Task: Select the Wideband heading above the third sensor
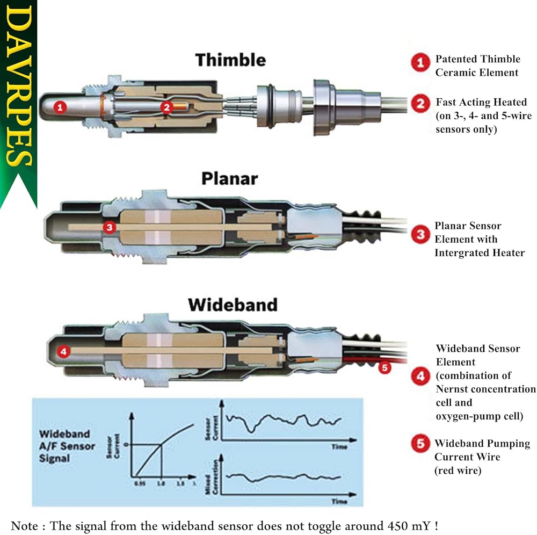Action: click(x=233, y=305)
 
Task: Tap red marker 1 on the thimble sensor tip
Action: click(x=61, y=107)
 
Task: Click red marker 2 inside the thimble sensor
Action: click(x=166, y=107)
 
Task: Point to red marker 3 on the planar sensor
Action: click(x=110, y=228)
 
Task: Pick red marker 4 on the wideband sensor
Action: click(x=63, y=352)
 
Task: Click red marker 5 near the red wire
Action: click(x=383, y=368)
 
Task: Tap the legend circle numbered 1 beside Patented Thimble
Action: click(x=420, y=63)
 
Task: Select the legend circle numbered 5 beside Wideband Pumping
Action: click(x=420, y=444)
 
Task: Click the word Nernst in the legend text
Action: click(x=452, y=389)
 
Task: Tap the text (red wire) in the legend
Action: click(x=458, y=471)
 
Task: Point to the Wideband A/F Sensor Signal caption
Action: click(x=67, y=446)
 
